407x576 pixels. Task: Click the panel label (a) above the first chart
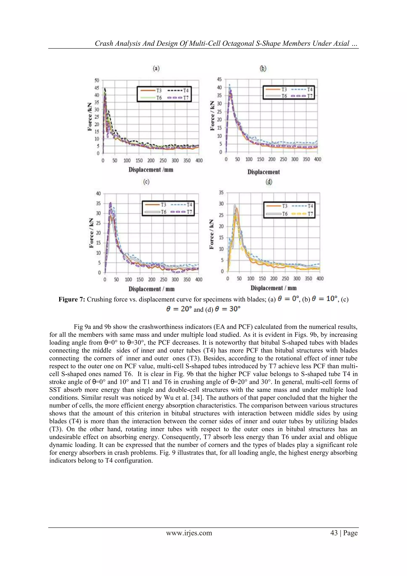pyautogui.click(x=156, y=68)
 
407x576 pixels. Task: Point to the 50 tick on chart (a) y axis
pyautogui.click(x=97, y=80)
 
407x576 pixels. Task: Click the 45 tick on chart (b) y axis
pyautogui.click(x=219, y=79)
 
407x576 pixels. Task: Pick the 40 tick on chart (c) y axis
pyautogui.click(x=98, y=193)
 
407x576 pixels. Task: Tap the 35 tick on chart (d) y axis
pyautogui.click(x=221, y=192)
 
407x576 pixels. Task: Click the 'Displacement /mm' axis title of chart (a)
pyautogui.click(x=151, y=170)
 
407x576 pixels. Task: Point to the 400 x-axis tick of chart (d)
pyautogui.click(x=320, y=279)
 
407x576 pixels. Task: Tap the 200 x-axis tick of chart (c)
pyautogui.click(x=151, y=280)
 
